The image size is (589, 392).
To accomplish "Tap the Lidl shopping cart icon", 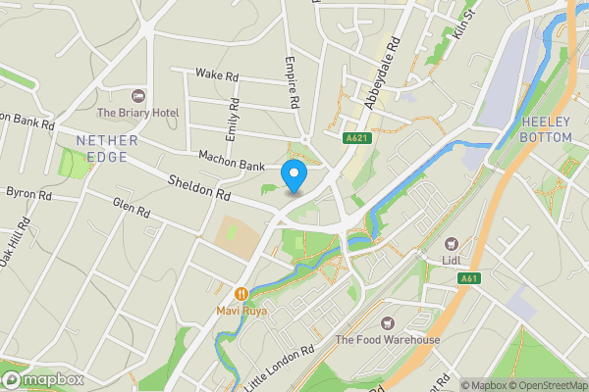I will coord(452,243).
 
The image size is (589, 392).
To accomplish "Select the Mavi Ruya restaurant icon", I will coord(241,293).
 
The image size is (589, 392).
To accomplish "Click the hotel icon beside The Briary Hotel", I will coord(137,97).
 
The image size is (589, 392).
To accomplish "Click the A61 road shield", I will coord(469,279).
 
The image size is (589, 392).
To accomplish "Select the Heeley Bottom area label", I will coord(553,128).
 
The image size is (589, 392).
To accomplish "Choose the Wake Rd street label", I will coord(217,74).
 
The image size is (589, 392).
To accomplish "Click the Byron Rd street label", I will coord(28,194).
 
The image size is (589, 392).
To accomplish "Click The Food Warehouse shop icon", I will coord(388,322).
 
